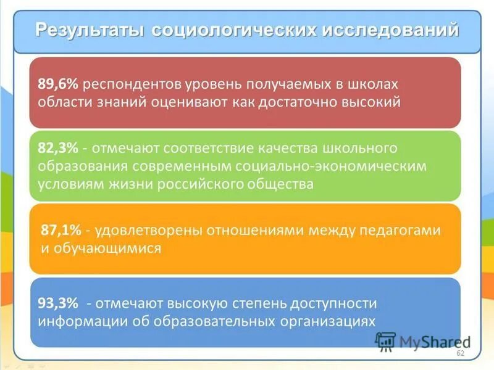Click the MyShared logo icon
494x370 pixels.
pos(385,341)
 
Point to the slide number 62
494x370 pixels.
pos(459,353)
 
